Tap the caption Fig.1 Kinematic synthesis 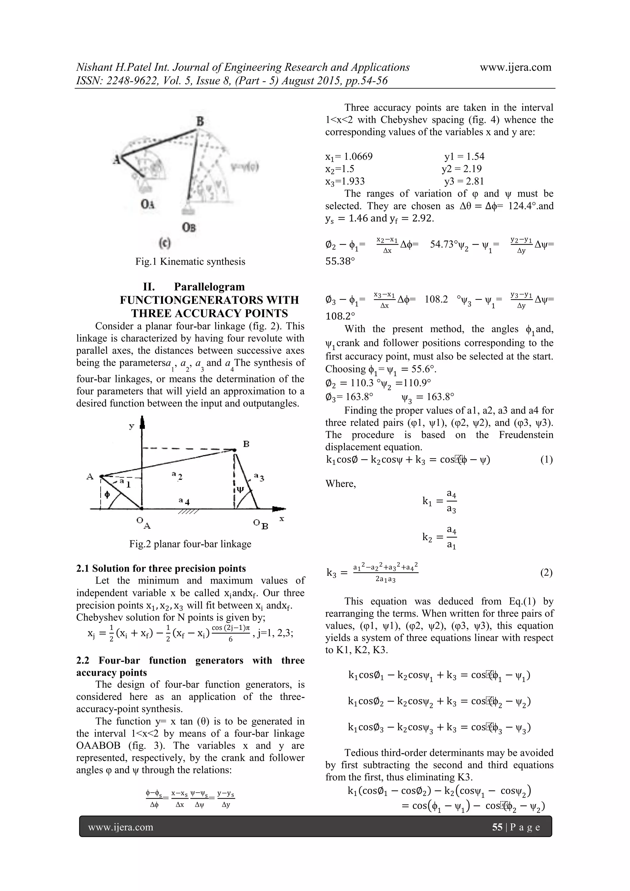(x=190, y=261)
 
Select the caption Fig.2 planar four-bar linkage (x=190, y=544)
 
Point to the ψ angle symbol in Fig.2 (x=240, y=489)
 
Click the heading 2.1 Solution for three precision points (x=161, y=568)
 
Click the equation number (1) (x=546, y=459)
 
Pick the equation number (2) (x=546, y=572)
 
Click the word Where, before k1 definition (x=341, y=483)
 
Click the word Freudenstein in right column (x=526, y=435)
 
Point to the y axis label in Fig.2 (x=132, y=427)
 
